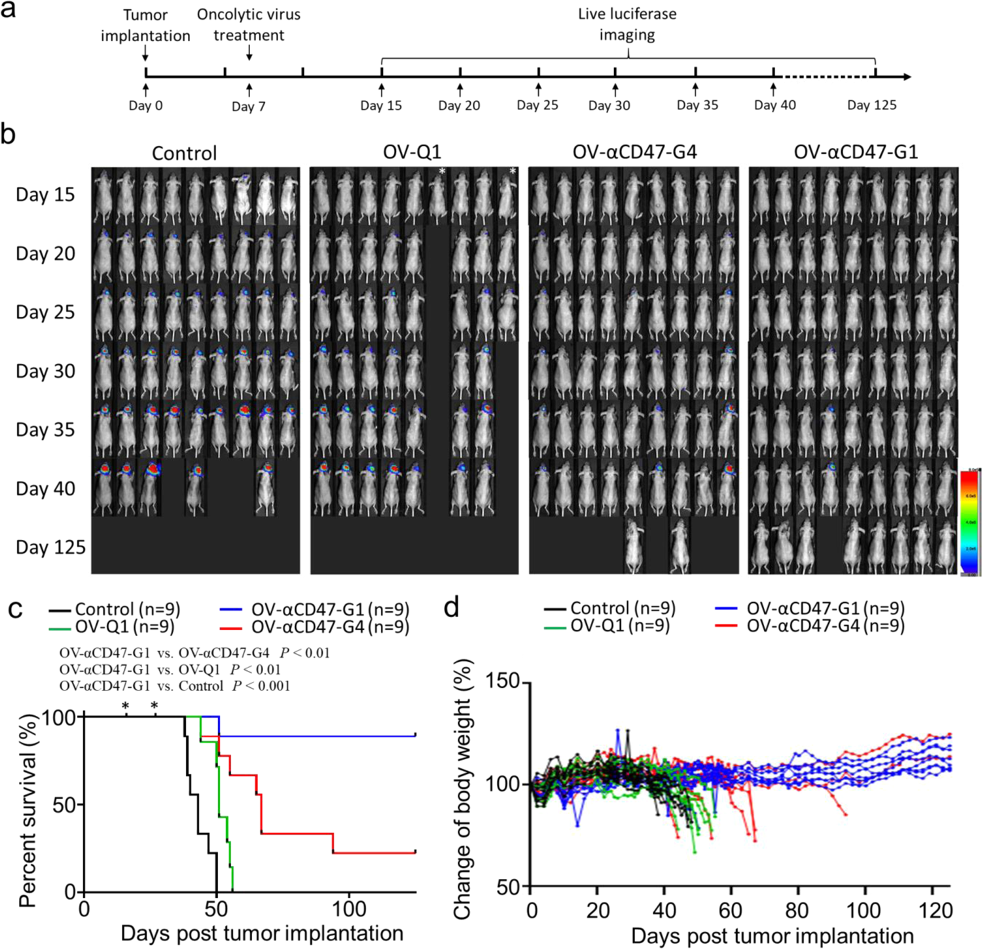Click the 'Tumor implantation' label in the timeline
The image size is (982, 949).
pyautogui.click(x=145, y=25)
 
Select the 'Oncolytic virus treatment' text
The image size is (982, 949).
pyautogui.click(x=249, y=25)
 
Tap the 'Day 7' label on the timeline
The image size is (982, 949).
pyautogui.click(x=249, y=106)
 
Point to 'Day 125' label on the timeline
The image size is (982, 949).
pyautogui.click(x=871, y=105)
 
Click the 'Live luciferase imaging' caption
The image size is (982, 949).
pyautogui.click(x=627, y=24)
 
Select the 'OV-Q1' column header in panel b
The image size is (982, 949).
pyautogui.click(x=412, y=152)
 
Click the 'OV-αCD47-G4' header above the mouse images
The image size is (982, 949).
pyautogui.click(x=634, y=152)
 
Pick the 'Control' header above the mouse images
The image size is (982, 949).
pyautogui.click(x=184, y=153)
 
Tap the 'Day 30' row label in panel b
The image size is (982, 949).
pyautogui.click(x=45, y=371)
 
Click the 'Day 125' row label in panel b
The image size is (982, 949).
pyautogui.click(x=50, y=547)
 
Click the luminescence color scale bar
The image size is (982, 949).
pyautogui.click(x=970, y=522)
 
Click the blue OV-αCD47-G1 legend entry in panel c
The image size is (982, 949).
pyautogui.click(x=315, y=610)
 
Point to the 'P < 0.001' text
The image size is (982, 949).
pyautogui.click(x=261, y=686)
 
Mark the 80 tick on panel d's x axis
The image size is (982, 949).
pyautogui.click(x=798, y=910)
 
